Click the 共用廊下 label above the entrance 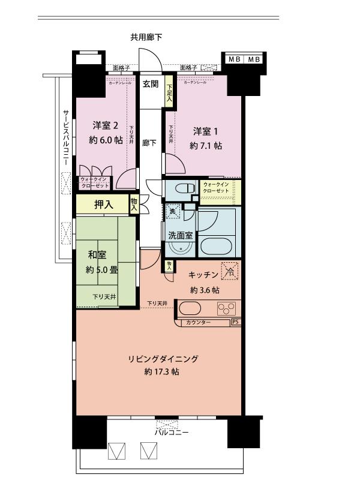[x=146, y=37]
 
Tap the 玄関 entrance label [x=150, y=84]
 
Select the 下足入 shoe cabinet [x=170, y=94]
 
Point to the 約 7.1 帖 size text [x=206, y=145]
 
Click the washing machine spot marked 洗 [x=173, y=212]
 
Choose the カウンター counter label [x=198, y=323]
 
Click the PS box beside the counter [x=235, y=322]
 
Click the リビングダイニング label [x=162, y=359]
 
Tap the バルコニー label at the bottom [x=172, y=431]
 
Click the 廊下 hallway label [x=150, y=143]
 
